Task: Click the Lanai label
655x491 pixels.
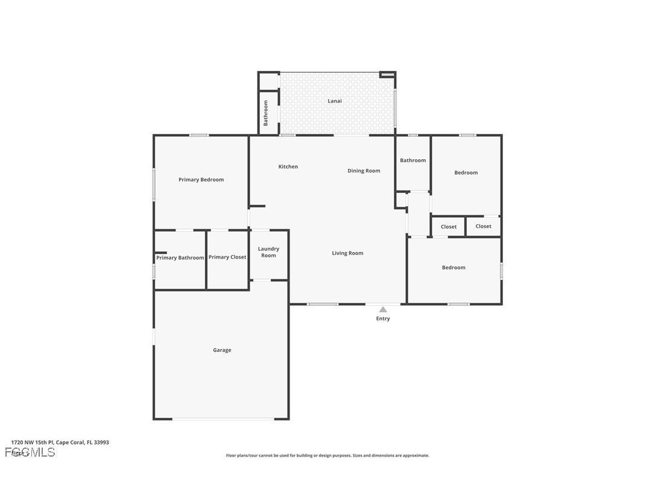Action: point(335,101)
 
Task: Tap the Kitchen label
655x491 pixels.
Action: point(288,166)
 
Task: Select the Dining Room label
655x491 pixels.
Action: point(364,171)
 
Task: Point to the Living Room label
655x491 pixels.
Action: point(347,253)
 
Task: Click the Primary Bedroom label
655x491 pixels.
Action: point(201,180)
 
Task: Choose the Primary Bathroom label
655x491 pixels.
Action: point(180,258)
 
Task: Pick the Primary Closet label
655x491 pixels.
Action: point(227,257)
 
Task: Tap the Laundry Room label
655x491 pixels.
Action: point(268,252)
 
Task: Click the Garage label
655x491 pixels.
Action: point(222,350)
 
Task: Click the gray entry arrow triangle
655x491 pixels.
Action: point(383,309)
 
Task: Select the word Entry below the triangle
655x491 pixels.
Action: point(383,318)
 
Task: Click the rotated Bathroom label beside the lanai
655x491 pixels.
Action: point(265,113)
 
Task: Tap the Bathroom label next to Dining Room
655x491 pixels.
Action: point(413,160)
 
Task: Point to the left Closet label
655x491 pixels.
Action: point(449,227)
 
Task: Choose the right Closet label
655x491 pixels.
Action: point(483,226)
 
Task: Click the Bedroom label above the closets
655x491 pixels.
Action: point(466,173)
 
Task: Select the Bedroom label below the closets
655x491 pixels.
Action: point(454,267)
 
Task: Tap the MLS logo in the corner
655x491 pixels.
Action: point(30,452)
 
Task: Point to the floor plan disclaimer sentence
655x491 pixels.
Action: point(327,455)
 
